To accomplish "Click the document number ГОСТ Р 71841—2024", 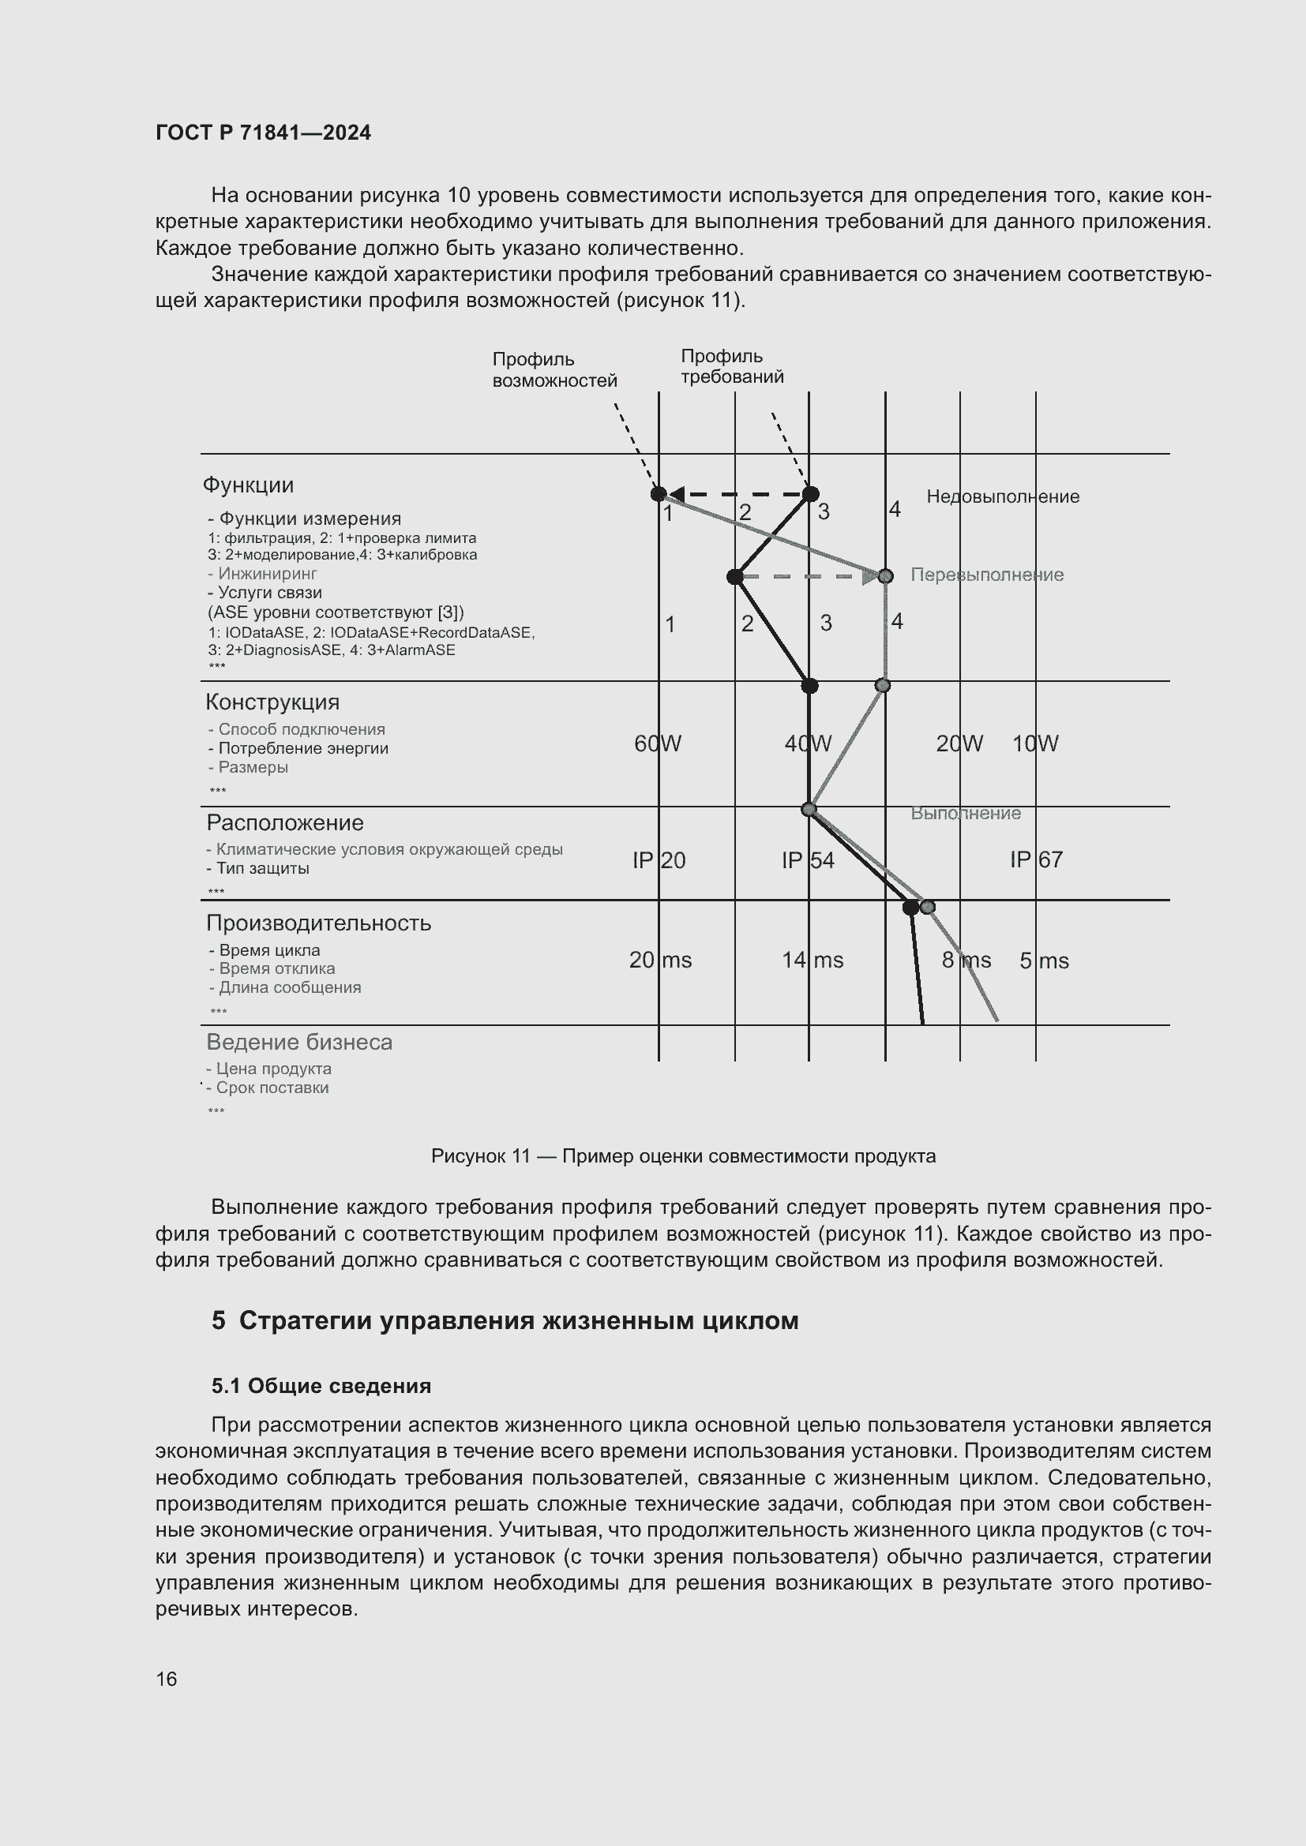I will coord(263,133).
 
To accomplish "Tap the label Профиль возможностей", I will coord(554,370).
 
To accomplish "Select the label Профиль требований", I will coord(731,367).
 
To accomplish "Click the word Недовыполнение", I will coord(1002,496).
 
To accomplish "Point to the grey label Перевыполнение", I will coord(986,575).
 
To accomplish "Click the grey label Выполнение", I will coord(965,813).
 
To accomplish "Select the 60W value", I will coord(657,743).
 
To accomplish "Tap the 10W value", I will coord(1034,743).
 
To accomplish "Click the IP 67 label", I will coord(1036,859).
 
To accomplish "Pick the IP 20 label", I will coord(659,860).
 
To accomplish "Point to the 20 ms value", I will coord(659,960).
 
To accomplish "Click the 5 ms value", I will coord(1043,960).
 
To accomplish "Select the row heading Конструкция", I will coord(272,702).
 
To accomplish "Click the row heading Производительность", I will coord(318,923).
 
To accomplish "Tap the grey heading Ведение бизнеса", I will coord(299,1042).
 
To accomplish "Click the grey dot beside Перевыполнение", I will coord(885,576).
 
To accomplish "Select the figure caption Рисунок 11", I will coord(683,1156).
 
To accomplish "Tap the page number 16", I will coord(167,1679).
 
